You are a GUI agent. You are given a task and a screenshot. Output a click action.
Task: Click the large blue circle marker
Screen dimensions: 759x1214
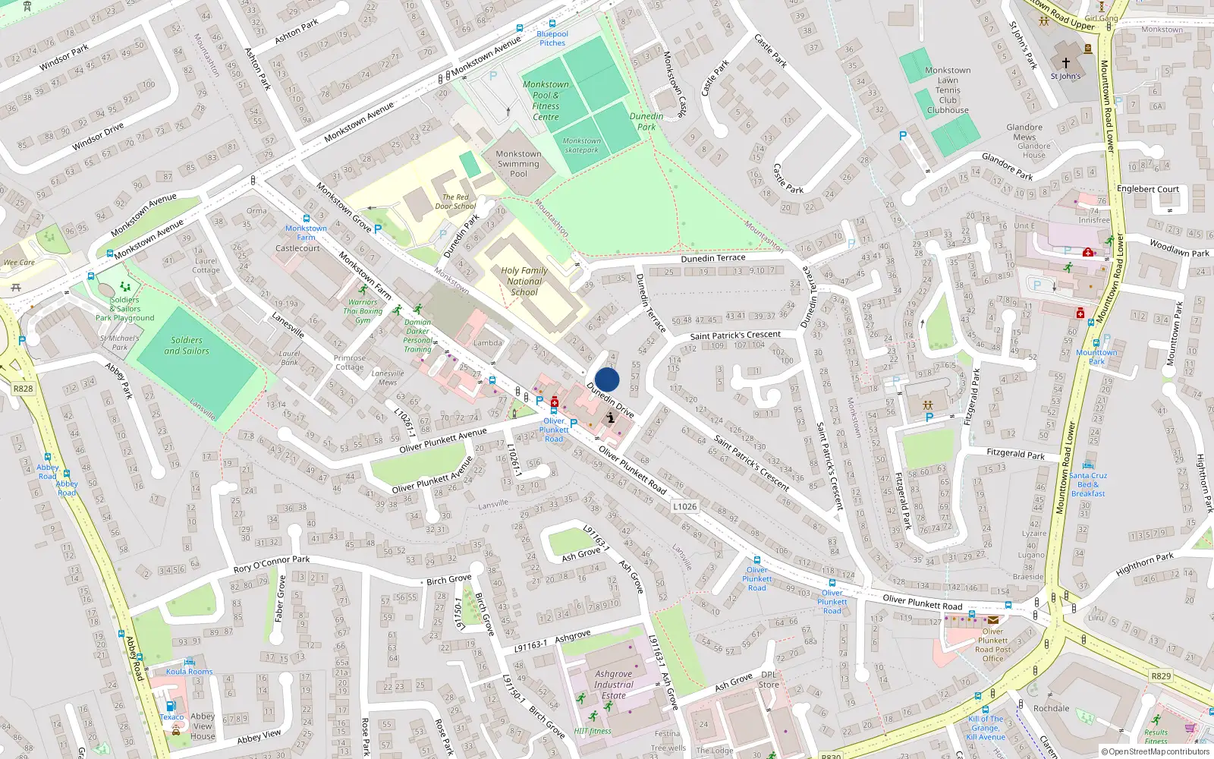point(607,379)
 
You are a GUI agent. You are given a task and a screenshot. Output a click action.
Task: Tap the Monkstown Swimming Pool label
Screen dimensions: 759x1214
point(518,164)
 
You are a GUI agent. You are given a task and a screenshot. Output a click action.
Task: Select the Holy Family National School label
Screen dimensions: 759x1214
point(524,281)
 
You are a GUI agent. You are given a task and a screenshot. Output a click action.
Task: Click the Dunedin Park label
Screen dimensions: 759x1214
point(646,121)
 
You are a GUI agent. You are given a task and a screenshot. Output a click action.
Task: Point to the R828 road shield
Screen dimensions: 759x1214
point(23,389)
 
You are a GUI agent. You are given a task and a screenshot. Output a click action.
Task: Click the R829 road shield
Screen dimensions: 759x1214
point(1161,676)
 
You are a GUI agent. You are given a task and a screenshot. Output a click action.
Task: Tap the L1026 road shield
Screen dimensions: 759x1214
point(684,506)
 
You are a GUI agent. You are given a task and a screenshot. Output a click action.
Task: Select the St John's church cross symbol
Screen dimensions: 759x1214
point(1065,63)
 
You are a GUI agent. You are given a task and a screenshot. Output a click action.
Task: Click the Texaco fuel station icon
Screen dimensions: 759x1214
point(171,706)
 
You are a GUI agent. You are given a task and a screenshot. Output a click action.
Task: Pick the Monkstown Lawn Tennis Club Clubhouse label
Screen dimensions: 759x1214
point(948,90)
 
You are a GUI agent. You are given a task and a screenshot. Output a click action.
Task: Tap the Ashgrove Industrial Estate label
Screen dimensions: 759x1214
point(614,685)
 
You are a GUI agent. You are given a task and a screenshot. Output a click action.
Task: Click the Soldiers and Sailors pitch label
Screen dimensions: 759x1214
point(187,345)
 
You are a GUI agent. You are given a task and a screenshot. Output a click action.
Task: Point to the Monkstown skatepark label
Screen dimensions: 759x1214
point(582,145)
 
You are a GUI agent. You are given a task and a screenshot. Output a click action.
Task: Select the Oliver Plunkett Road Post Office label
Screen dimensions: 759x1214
point(992,645)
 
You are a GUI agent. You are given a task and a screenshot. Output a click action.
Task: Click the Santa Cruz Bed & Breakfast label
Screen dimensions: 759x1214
point(1088,484)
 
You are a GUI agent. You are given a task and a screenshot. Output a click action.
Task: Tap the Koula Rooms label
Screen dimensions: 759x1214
point(190,672)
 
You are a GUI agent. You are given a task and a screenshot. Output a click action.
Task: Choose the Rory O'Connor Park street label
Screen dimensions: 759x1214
point(272,565)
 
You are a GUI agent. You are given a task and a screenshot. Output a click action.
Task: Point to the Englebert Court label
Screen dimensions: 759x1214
point(1148,189)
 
